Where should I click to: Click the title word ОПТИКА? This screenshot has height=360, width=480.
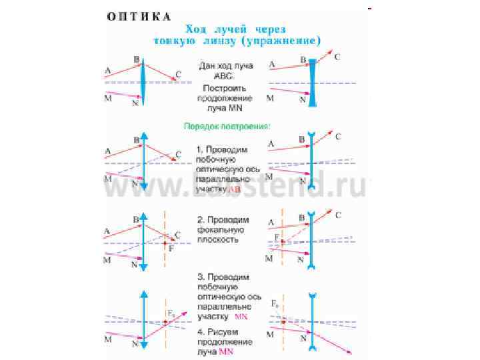139,15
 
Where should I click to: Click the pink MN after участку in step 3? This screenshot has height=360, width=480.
241,316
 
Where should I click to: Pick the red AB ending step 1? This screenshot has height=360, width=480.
236,189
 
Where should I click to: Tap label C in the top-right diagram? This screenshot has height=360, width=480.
337,57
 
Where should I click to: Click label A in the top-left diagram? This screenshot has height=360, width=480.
107,70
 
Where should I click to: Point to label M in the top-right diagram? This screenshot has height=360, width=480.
270,97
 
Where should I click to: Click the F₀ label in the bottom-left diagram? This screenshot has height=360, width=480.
171,311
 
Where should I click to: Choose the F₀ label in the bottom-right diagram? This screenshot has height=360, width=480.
275,304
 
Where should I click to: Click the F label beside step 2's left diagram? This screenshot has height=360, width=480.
171,249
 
